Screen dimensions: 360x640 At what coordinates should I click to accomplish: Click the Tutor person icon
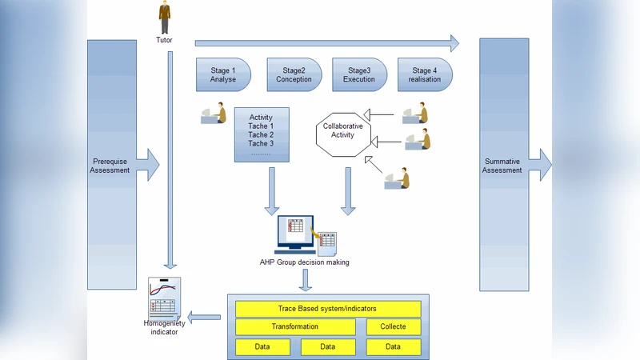164,16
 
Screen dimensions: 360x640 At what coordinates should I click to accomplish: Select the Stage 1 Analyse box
223,75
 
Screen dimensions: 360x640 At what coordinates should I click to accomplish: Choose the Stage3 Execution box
359,75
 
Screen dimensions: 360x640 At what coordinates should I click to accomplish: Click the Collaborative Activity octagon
342,130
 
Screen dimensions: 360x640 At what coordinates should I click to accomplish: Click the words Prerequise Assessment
110,166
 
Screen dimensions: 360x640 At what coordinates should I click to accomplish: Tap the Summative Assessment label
503,166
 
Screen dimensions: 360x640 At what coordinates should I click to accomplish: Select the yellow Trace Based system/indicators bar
327,308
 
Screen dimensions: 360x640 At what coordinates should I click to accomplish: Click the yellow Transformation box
294,326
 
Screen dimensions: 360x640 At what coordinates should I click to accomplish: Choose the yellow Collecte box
393,326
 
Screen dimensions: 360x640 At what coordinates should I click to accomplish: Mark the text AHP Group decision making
304,262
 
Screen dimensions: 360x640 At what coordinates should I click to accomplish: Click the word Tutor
164,40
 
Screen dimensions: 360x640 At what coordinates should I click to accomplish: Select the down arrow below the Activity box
272,191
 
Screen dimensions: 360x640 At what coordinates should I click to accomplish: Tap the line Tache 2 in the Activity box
261,135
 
